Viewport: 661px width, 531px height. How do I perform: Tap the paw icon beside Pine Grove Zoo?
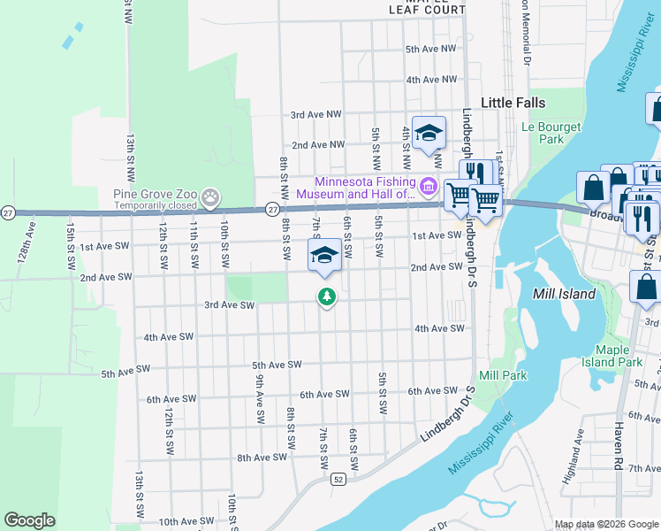pyautogui.click(x=210, y=196)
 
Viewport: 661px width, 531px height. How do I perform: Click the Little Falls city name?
pyautogui.click(x=513, y=103)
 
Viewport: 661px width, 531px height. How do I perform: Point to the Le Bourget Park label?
pyautogui.click(x=551, y=133)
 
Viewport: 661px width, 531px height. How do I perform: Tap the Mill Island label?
pyautogui.click(x=565, y=293)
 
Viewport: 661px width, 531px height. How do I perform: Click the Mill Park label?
pyautogui.click(x=503, y=375)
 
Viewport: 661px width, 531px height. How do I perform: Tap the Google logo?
pyautogui.click(x=29, y=520)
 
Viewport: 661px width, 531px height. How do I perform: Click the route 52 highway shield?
pyautogui.click(x=338, y=479)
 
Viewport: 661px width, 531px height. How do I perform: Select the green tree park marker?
pyautogui.click(x=327, y=296)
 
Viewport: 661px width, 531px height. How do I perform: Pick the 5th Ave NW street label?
pyautogui.click(x=430, y=50)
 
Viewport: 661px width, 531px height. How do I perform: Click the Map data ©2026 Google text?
pyautogui.click(x=605, y=524)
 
